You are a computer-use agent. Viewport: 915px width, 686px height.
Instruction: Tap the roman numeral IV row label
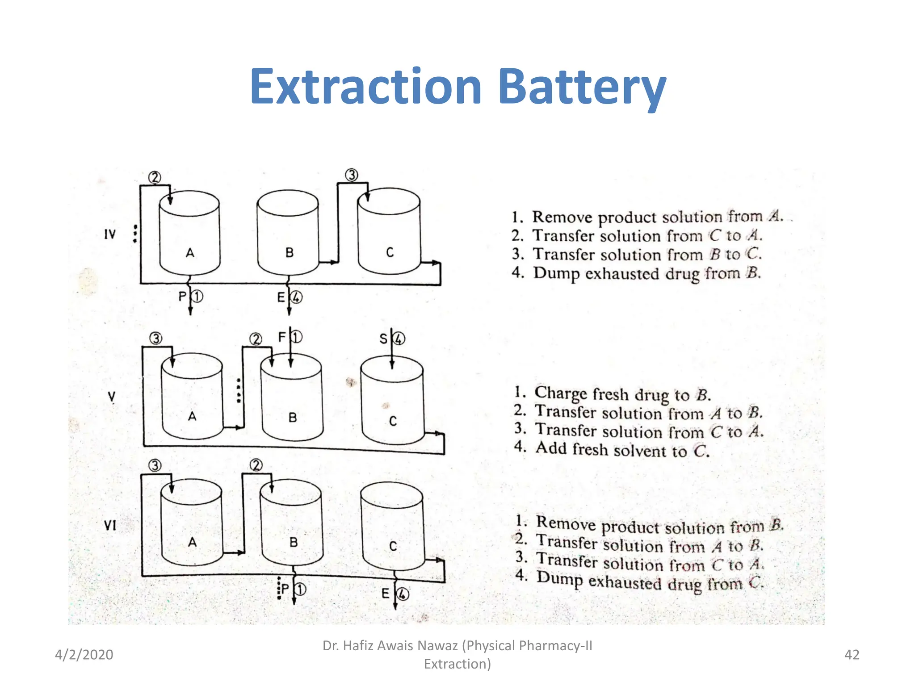109,234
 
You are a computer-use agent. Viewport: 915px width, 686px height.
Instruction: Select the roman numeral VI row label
110,525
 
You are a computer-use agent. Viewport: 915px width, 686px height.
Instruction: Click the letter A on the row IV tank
190,253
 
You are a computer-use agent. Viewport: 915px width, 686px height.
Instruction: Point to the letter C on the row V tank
393,421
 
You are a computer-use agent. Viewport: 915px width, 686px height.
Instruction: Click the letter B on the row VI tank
293,542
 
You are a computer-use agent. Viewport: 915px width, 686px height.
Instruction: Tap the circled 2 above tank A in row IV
155,178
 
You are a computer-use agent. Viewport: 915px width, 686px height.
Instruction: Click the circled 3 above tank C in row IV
352,175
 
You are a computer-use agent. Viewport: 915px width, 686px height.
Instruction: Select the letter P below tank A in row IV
182,297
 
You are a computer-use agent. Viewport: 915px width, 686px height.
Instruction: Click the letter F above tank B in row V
282,337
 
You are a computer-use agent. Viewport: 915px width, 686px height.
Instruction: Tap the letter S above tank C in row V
383,339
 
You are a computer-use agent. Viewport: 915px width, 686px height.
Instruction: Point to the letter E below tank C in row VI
385,594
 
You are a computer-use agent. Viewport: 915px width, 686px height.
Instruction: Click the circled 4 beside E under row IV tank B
296,297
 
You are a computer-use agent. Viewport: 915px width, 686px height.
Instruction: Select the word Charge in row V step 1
561,393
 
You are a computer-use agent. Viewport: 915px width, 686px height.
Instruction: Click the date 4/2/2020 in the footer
84,655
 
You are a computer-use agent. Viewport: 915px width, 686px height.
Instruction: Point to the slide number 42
852,655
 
